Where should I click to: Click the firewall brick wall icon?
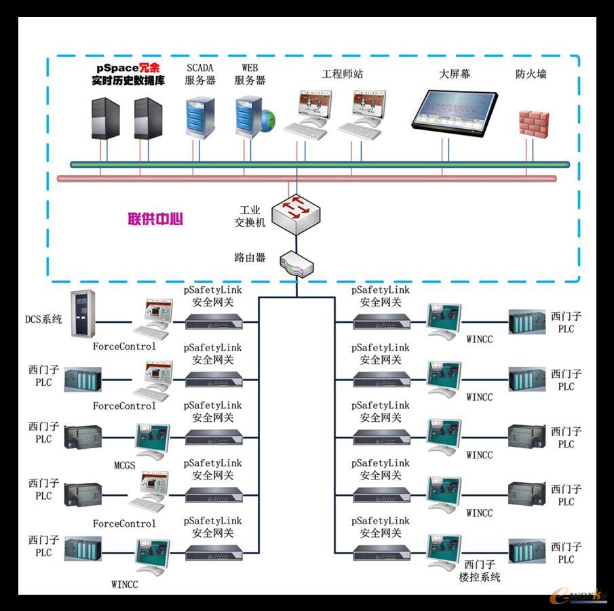point(533,123)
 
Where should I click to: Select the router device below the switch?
point(296,264)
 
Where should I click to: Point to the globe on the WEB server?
point(269,120)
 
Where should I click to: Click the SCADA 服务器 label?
point(200,74)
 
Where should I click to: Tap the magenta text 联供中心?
point(155,219)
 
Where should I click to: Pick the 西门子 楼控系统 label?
point(480,570)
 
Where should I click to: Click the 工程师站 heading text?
point(342,73)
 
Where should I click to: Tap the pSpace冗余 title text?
point(128,68)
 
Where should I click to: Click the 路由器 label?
point(250,258)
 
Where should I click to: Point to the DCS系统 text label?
point(43,319)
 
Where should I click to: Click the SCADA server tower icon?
point(200,118)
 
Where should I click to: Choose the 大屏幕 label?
point(455,74)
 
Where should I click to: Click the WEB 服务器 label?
point(250,74)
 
